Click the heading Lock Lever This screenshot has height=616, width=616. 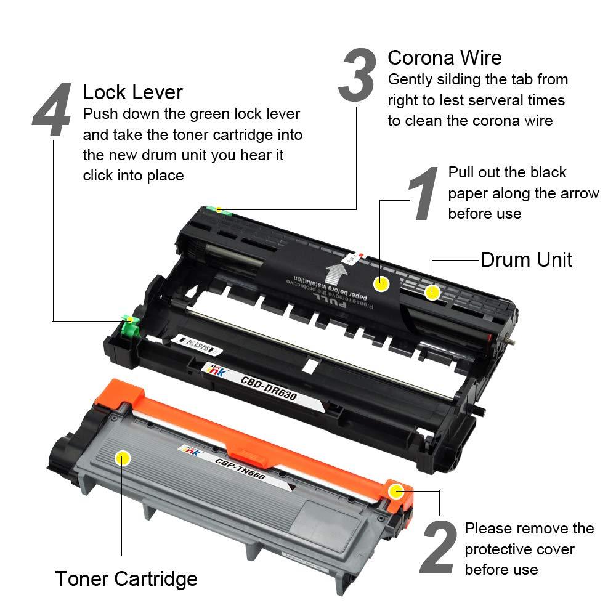tap(132, 92)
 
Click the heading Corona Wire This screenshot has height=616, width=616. tap(444, 58)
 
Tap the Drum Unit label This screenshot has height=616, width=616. tap(526, 259)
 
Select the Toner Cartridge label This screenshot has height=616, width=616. tap(126, 578)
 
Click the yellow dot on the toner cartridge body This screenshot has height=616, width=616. tap(123, 458)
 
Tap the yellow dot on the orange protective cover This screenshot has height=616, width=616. tap(396, 492)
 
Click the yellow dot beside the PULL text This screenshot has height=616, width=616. tap(382, 284)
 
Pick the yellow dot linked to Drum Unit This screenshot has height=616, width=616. tap(433, 292)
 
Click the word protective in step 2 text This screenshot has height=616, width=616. tap(503, 549)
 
